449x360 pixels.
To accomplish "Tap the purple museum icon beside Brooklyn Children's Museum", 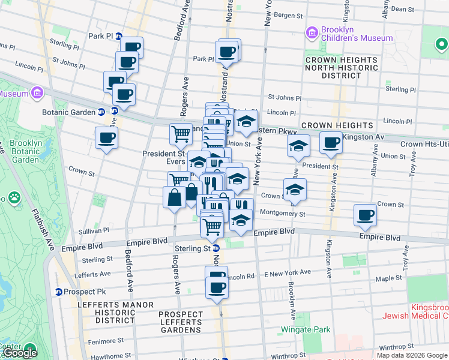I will [312, 32].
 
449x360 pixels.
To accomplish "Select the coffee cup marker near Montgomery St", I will [365, 215].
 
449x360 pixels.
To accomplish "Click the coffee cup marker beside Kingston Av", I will [331, 143].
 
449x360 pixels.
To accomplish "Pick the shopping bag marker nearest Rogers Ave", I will [174, 197].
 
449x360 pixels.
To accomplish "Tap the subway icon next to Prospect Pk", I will [58, 292].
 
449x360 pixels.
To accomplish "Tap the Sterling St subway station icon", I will [217, 248].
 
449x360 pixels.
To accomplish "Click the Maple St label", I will [388, 278].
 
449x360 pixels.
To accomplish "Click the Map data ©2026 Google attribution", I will [412, 355].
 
